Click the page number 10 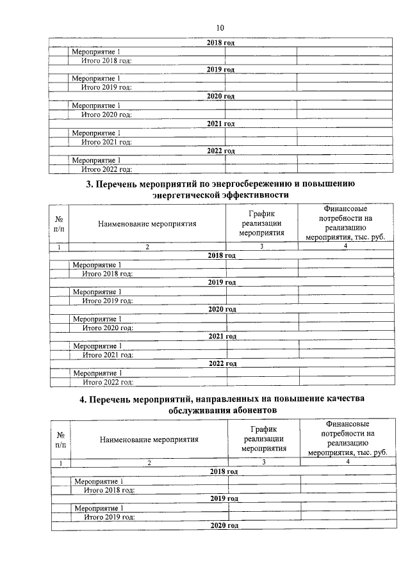coord(220,28)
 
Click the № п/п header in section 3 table coord(58,223)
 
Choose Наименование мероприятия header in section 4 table coord(149,439)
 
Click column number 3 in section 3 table coord(261,246)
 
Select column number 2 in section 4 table coord(149,462)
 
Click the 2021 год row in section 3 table coord(222,336)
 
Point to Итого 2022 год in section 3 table coord(108,382)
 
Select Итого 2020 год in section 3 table coord(108,328)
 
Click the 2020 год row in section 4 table coord(224,525)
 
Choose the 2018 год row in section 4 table coord(224,472)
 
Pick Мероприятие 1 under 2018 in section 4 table coord(99,480)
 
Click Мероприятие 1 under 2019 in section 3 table coord(97,292)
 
